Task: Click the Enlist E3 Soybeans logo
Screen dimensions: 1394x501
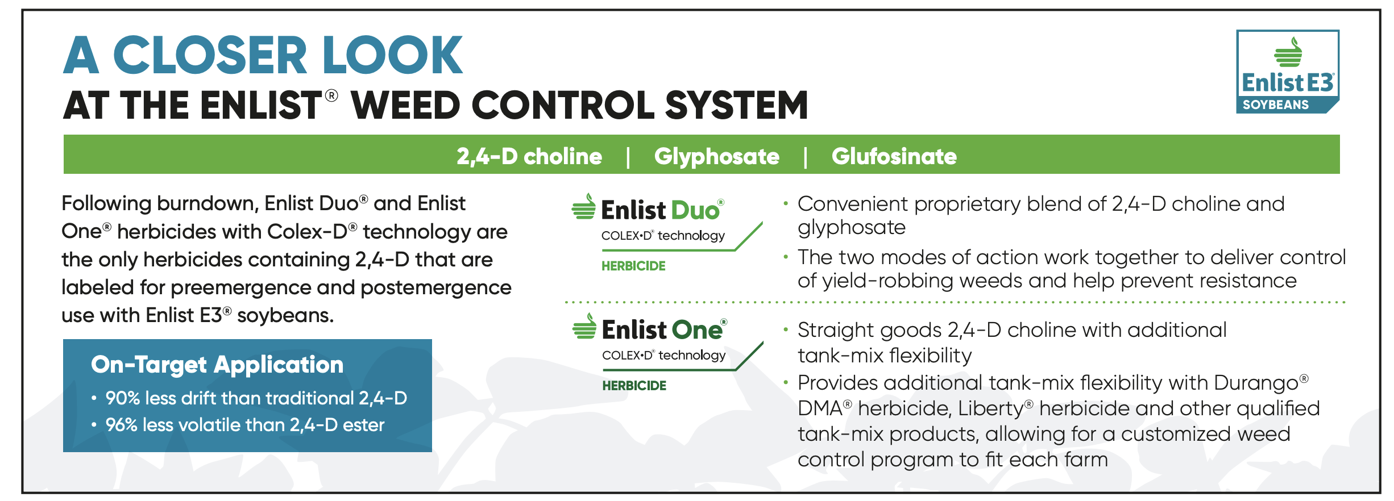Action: pyautogui.click(x=1288, y=72)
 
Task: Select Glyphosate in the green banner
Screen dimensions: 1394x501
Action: pyautogui.click(x=716, y=156)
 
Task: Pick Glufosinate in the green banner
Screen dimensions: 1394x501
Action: pyautogui.click(x=894, y=156)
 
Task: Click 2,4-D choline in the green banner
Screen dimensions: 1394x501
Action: pyautogui.click(x=529, y=156)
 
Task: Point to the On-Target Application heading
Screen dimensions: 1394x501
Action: pyautogui.click(x=217, y=365)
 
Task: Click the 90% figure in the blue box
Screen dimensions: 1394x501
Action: pyautogui.click(x=123, y=398)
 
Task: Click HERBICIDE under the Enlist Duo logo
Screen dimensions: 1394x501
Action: pyautogui.click(x=633, y=266)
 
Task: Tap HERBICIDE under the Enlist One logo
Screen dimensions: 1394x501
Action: pyautogui.click(x=634, y=386)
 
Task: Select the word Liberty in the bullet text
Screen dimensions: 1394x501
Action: pyautogui.click(x=991, y=408)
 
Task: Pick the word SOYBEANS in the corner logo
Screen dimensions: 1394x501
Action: pyautogui.click(x=1276, y=105)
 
